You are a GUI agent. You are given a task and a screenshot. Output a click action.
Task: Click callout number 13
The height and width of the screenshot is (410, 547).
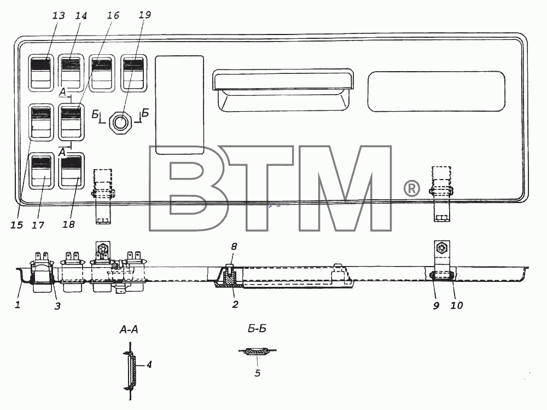point(59,16)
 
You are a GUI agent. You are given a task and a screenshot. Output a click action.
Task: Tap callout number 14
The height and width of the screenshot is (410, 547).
point(80,16)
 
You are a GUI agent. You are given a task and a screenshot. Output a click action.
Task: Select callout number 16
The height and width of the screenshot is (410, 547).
point(113,15)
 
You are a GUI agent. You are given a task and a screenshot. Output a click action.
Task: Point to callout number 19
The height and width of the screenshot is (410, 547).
point(144,15)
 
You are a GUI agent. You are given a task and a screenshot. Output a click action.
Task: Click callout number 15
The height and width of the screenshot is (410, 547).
point(16,225)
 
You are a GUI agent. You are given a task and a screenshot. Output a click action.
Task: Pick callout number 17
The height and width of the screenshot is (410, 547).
point(38,226)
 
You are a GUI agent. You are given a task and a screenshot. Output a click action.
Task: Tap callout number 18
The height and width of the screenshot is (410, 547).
point(69,224)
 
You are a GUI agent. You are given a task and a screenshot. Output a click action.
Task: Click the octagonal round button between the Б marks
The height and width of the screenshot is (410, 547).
point(121,122)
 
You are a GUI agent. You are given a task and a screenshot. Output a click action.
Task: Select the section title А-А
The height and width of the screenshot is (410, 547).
point(129,330)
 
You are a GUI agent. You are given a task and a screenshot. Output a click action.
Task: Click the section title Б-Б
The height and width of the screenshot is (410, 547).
point(257,328)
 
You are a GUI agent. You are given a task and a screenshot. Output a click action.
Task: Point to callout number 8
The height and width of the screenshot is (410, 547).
point(234,246)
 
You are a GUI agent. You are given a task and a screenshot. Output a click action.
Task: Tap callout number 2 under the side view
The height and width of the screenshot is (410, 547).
point(235,304)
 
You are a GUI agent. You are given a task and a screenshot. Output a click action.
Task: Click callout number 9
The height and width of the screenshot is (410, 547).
point(436,305)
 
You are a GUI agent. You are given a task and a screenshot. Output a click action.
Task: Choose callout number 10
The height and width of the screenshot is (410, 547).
point(457,305)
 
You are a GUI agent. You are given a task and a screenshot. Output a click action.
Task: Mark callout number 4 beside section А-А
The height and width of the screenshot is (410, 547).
point(149,365)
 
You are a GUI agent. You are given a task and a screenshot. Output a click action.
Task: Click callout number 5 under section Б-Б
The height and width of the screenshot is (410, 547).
point(258,373)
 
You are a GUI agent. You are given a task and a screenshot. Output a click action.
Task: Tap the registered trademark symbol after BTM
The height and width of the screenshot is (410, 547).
point(412,189)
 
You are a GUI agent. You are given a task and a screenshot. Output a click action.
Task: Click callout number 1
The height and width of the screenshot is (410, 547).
point(18,304)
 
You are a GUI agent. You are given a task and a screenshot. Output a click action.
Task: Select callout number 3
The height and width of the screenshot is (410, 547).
point(57,306)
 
